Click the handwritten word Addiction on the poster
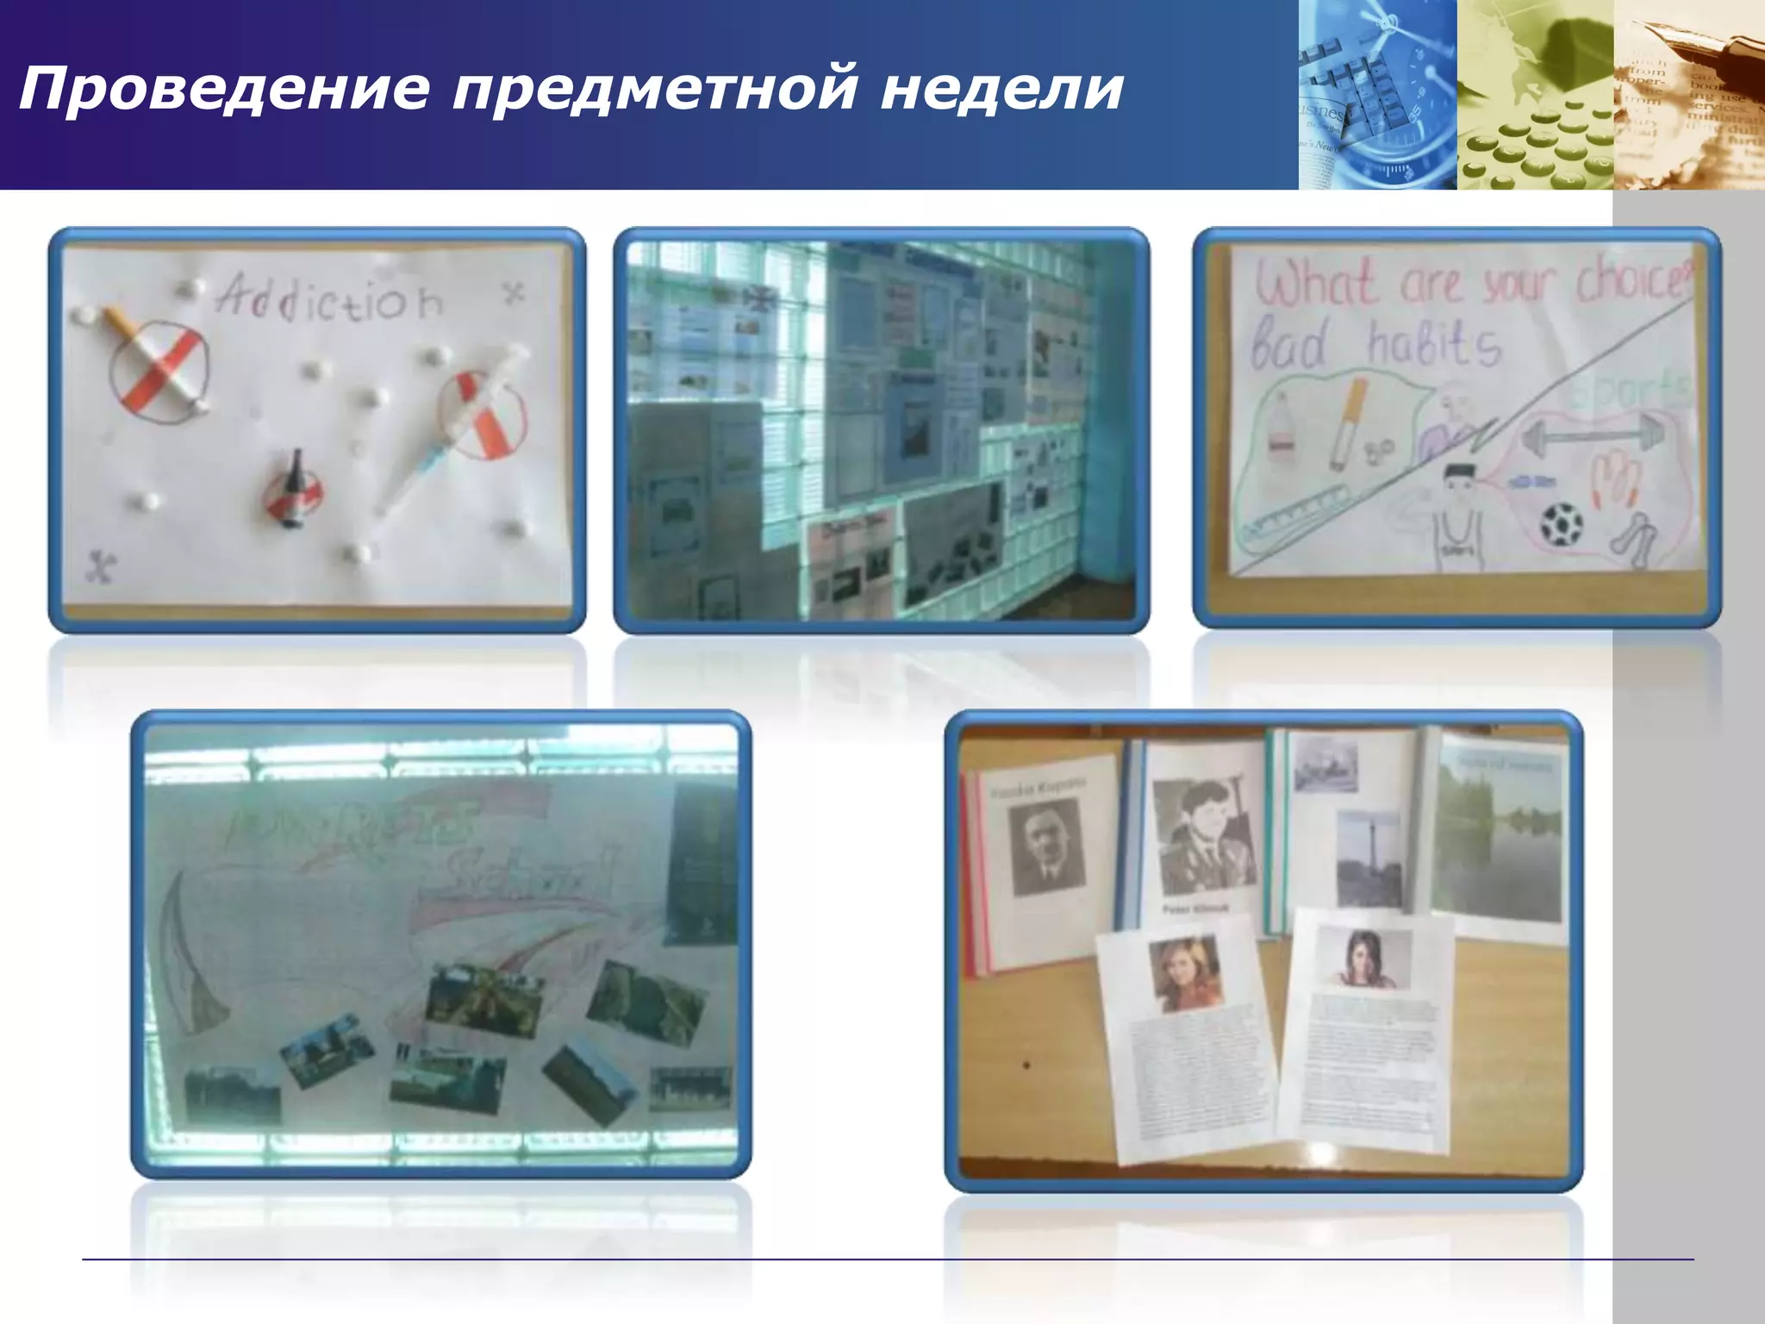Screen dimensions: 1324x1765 pos(330,298)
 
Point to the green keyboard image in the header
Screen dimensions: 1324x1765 pos(1534,129)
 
